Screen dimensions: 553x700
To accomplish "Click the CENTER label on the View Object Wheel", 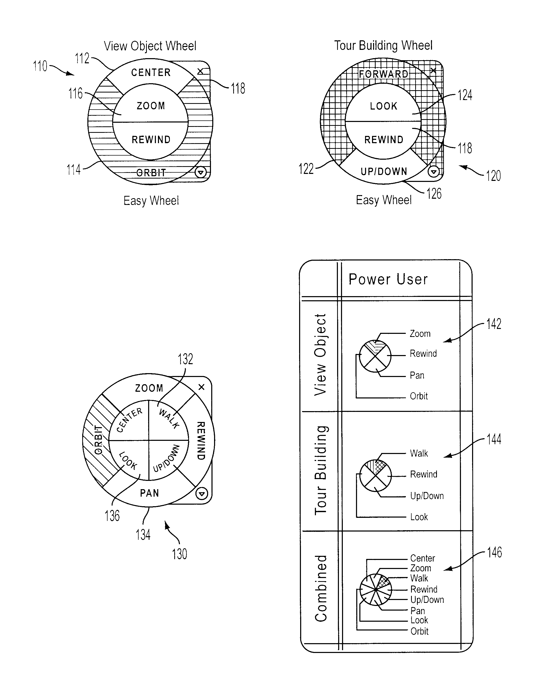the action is click(x=151, y=73).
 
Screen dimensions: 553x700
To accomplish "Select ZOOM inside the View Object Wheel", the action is click(x=151, y=106).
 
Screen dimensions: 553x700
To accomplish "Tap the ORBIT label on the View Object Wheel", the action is click(x=151, y=173).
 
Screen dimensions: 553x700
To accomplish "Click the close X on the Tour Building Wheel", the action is click(x=433, y=71).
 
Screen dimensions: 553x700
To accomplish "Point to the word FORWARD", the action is click(x=384, y=74).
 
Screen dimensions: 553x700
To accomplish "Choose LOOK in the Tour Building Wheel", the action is click(x=384, y=106).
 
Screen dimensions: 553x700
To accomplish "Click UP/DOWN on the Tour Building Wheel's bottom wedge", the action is click(x=384, y=171).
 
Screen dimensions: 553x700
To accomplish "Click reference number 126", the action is click(x=434, y=194).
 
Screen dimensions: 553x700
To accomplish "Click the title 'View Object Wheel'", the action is click(x=150, y=46).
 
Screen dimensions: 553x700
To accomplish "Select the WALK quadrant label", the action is click(x=169, y=419).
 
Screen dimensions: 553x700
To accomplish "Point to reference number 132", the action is click(x=185, y=359).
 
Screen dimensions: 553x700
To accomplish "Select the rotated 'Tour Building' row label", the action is click(x=321, y=470).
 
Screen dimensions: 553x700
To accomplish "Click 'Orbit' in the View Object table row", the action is click(x=419, y=396).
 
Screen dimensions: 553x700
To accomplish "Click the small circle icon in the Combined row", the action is click(x=376, y=590).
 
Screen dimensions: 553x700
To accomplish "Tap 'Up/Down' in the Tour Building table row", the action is click(x=427, y=496).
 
